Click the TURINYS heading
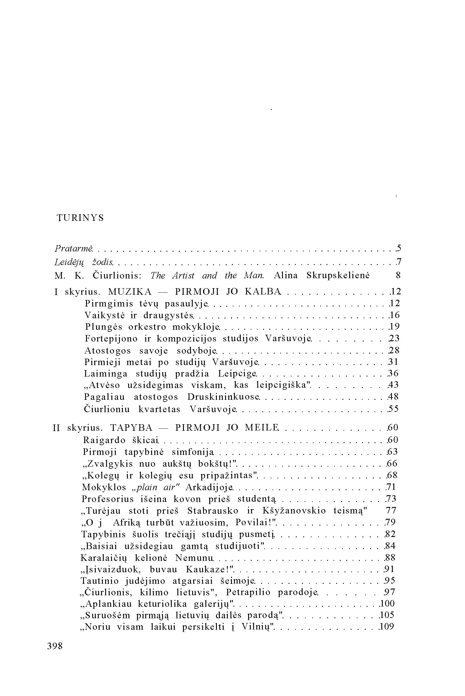(80, 218)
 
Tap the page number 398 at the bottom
(55, 646)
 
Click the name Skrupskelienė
(338, 276)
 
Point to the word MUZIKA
(130, 292)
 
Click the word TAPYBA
(131, 428)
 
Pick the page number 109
(387, 627)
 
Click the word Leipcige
(237, 374)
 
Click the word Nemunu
(194, 558)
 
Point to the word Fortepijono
(111, 338)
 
